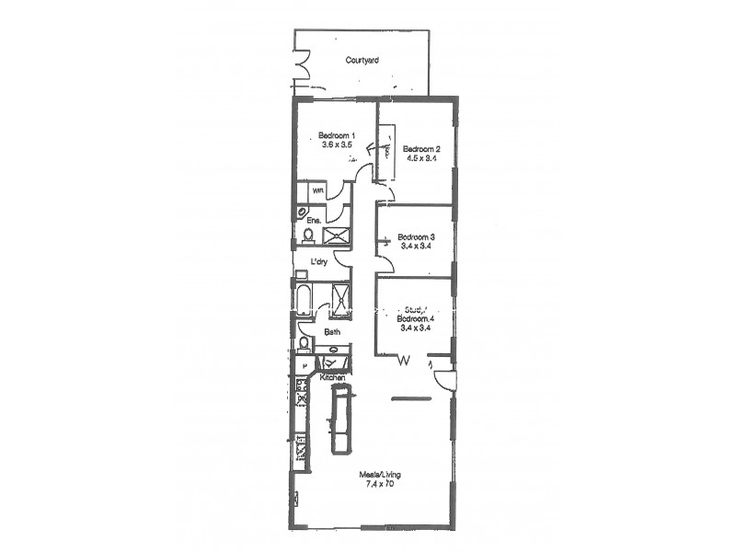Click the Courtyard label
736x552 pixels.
coord(362,61)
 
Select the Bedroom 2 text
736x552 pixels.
coord(421,149)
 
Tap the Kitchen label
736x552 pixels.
coord(332,377)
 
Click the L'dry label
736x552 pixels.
coord(319,262)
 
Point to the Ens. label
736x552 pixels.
coord(314,220)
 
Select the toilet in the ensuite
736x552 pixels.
coord(307,236)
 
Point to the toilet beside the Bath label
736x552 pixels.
coord(305,345)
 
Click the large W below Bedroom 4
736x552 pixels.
coord(403,362)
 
